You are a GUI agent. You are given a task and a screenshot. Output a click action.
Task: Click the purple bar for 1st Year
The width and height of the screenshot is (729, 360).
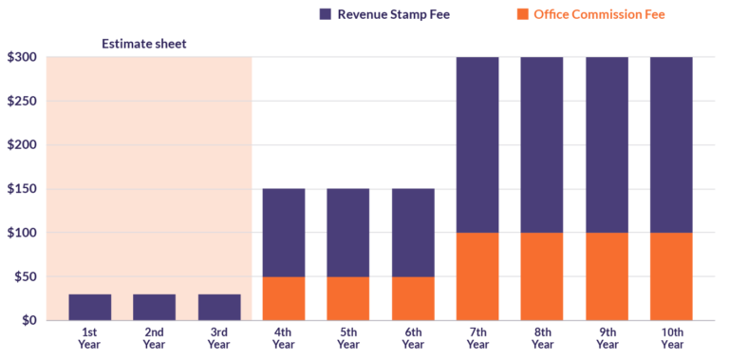click(90, 307)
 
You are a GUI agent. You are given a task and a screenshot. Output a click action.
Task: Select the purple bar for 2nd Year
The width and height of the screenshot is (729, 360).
click(154, 307)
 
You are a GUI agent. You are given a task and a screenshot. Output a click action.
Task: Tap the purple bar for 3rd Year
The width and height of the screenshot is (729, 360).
click(219, 307)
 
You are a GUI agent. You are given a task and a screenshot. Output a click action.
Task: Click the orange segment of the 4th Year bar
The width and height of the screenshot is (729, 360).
click(284, 298)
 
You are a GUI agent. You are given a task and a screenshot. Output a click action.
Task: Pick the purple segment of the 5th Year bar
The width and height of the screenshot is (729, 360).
click(347, 233)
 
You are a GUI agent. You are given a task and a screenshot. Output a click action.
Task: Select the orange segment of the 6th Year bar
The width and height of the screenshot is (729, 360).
click(413, 298)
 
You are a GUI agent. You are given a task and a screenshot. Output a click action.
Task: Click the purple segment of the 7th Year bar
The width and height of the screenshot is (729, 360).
click(477, 144)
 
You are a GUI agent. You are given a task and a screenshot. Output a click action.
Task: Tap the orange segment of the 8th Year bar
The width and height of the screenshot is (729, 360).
click(542, 276)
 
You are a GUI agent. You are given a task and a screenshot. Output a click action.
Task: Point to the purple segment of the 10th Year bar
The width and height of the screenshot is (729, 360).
click(670, 144)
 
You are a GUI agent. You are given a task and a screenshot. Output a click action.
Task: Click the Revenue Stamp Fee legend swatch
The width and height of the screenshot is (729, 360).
click(326, 14)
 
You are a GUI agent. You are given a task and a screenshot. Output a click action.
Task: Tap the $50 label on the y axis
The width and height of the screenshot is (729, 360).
click(24, 276)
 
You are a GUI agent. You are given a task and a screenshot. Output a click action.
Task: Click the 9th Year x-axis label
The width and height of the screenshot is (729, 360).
click(606, 338)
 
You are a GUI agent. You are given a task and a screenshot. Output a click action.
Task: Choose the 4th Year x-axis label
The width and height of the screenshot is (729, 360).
click(284, 338)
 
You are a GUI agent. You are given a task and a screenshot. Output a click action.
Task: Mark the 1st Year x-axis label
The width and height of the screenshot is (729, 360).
click(90, 338)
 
